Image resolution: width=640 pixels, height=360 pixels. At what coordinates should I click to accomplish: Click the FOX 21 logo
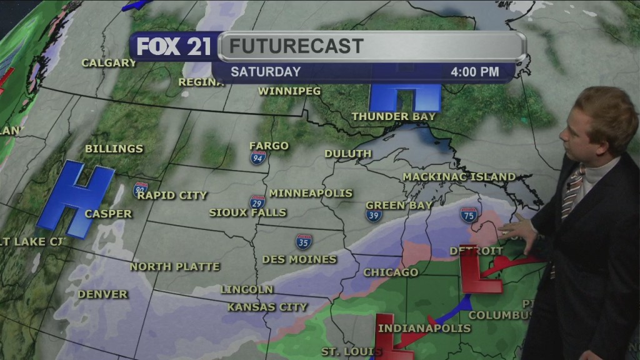(174, 47)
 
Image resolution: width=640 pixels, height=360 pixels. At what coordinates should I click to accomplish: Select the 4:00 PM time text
(474, 72)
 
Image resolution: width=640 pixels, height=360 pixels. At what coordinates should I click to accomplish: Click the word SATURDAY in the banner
(266, 72)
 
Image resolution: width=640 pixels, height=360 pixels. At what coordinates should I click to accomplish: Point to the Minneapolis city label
(311, 193)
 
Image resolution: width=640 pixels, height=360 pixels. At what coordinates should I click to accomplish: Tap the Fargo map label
(269, 146)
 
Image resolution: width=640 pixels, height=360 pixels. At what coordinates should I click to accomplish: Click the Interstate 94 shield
(258, 157)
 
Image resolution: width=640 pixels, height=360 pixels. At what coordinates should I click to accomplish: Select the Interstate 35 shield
(304, 241)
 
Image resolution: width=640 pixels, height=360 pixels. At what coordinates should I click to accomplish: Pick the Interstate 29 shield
(257, 202)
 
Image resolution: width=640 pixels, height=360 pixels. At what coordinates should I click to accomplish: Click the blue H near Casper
(74, 199)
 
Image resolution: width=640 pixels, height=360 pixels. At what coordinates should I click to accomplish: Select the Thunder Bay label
(393, 116)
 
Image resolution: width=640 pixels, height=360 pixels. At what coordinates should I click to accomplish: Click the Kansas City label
(267, 307)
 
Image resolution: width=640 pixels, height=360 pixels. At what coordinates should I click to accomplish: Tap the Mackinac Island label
(459, 177)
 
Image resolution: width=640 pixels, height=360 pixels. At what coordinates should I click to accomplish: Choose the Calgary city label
(109, 62)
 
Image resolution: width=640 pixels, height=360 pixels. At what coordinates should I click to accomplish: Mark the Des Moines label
(299, 259)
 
